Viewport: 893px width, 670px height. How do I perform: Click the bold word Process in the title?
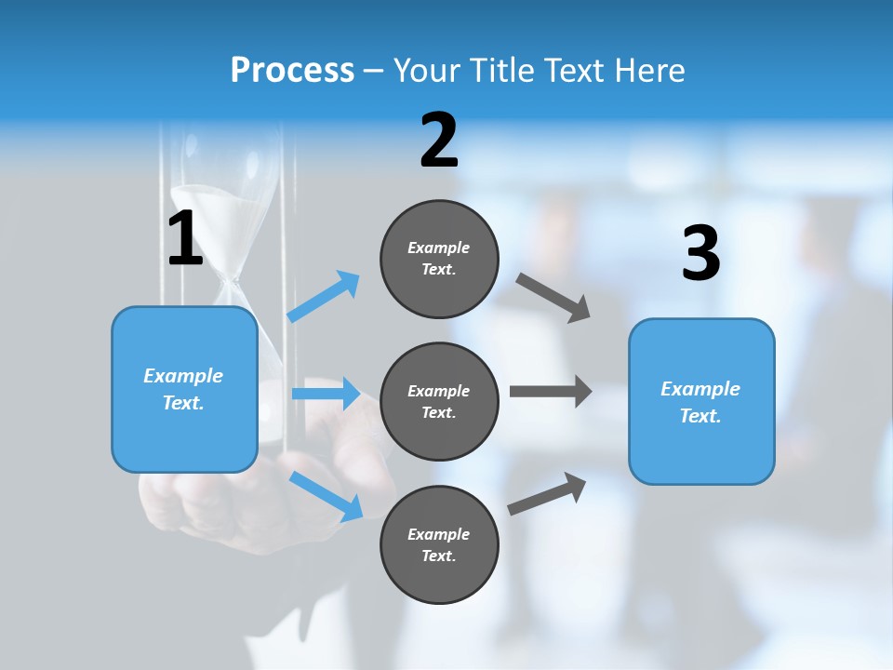tap(292, 71)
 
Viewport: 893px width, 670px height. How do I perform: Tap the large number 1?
tap(185, 239)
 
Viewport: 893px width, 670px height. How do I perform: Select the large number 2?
tap(439, 141)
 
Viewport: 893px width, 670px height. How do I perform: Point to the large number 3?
tap(700, 254)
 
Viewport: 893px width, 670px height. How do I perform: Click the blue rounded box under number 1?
tap(184, 389)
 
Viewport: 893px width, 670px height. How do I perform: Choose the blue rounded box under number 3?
tap(701, 402)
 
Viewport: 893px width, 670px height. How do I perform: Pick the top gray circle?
tap(439, 259)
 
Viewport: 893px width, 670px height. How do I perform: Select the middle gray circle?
tap(439, 401)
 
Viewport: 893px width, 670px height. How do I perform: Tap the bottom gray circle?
tap(439, 544)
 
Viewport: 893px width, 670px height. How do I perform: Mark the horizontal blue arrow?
tap(326, 394)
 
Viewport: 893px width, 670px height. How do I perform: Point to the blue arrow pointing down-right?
tap(326, 496)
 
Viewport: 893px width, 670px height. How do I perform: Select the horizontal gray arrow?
tap(550, 391)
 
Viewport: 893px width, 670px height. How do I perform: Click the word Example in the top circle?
tap(439, 248)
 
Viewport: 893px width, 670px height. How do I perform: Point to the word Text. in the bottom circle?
tap(439, 556)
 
